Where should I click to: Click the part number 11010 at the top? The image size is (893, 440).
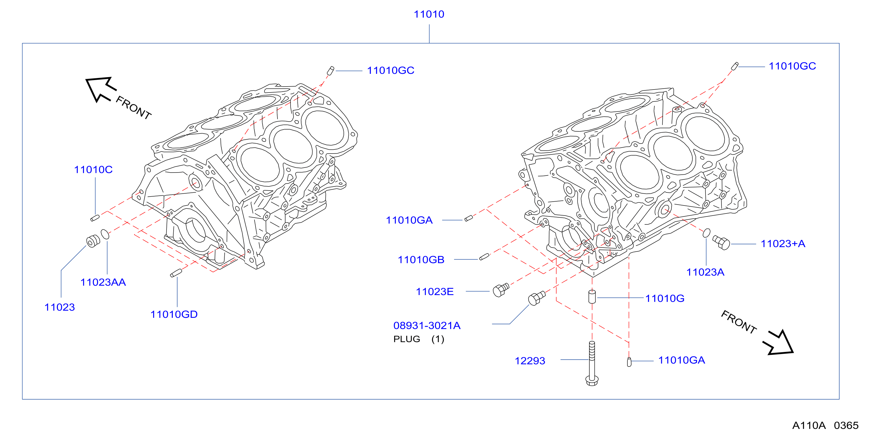tap(429, 14)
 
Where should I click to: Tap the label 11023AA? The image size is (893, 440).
tap(103, 282)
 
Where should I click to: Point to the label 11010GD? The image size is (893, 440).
tap(174, 314)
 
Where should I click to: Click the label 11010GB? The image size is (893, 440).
tap(421, 259)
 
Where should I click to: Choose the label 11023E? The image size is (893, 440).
tap(435, 291)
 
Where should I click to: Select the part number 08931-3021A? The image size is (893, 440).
tap(427, 325)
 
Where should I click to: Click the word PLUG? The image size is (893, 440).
tap(407, 339)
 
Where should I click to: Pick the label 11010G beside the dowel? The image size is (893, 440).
tap(664, 298)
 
